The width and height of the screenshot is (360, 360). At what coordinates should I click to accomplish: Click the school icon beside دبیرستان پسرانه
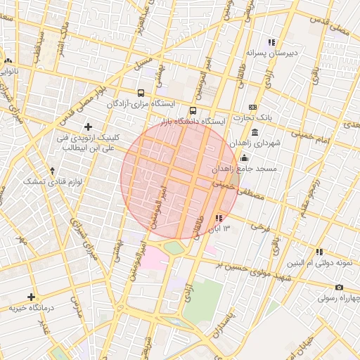[x=271, y=42]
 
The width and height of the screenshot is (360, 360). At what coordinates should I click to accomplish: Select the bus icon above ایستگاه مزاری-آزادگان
[x=141, y=93]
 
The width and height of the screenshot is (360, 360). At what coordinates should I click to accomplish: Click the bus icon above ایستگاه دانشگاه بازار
[x=193, y=110]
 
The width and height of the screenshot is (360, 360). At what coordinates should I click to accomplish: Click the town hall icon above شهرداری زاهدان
[x=254, y=132]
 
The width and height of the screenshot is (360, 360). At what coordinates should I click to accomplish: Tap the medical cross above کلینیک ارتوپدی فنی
[x=88, y=126]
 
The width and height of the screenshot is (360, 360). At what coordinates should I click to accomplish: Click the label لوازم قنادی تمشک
[x=44, y=181]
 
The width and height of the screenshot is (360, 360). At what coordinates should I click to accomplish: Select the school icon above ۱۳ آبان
[x=219, y=218]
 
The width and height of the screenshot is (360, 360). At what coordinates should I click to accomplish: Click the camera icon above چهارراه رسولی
[x=339, y=287]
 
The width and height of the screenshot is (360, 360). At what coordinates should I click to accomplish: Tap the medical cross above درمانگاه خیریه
[x=31, y=297]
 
